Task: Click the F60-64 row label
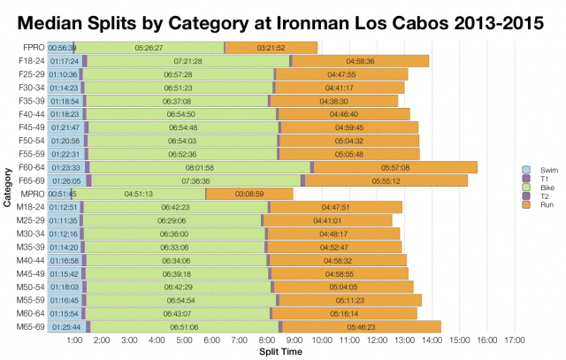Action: point(31,166)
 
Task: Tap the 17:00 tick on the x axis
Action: point(514,341)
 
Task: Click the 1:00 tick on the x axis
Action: point(75,341)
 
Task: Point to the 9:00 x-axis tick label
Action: point(294,341)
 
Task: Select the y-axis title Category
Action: point(7,187)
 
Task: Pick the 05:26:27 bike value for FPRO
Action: point(149,47)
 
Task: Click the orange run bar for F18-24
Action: point(360,60)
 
